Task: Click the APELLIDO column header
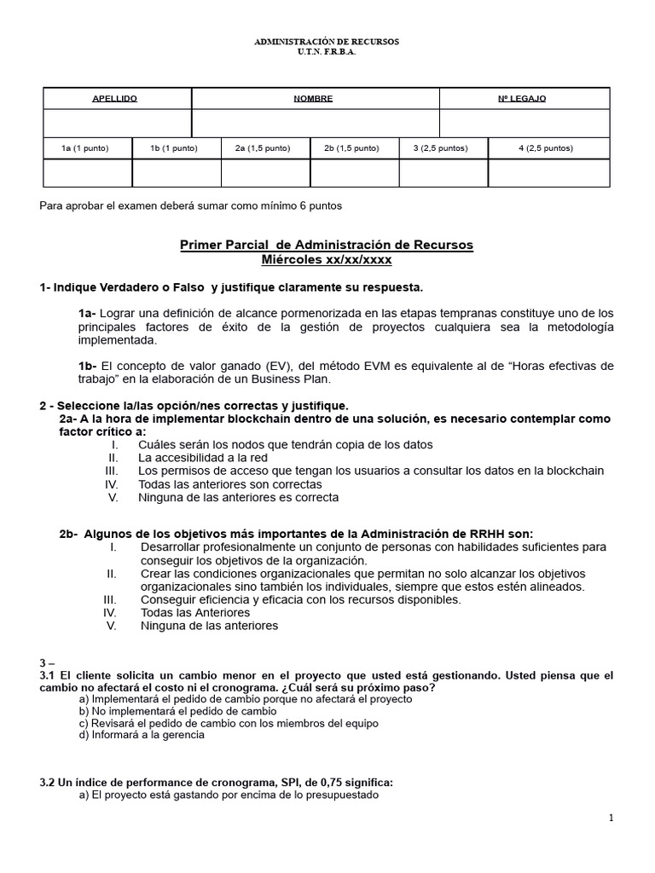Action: coord(114,99)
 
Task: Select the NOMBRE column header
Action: coord(313,99)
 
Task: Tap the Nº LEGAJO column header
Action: coord(522,99)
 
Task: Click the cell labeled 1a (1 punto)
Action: coord(85,148)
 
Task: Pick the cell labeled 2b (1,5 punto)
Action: coord(351,148)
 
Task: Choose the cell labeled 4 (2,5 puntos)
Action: coord(546,148)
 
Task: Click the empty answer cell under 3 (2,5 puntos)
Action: coord(443,173)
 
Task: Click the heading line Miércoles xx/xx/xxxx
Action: coord(327,259)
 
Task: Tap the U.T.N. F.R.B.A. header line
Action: coord(328,51)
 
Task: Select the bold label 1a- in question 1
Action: coord(88,313)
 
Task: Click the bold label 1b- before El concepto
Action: coord(88,366)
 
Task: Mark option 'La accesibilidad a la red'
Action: coord(202,458)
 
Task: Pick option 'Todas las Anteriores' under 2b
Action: coord(195,612)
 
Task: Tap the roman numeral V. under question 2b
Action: coord(112,625)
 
